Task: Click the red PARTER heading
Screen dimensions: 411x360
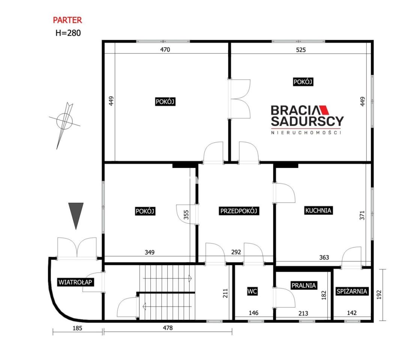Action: (x=67, y=20)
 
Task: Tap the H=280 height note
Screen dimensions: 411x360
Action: (x=68, y=33)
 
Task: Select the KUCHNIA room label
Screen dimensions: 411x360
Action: (x=318, y=210)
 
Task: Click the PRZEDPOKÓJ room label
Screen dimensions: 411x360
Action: (x=239, y=211)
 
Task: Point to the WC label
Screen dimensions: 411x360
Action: (x=252, y=291)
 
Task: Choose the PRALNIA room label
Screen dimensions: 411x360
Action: (x=304, y=285)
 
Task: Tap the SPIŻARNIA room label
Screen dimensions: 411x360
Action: (x=352, y=291)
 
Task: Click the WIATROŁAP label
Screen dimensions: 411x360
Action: (x=75, y=282)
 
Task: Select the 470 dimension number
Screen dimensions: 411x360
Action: (x=165, y=49)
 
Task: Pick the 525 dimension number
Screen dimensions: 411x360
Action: (x=301, y=50)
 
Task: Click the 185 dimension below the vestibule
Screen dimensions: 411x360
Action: (x=77, y=328)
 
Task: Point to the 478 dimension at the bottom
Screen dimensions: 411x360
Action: (x=168, y=328)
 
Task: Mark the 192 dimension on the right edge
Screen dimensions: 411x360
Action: (x=379, y=295)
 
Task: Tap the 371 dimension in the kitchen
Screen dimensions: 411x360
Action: (x=362, y=216)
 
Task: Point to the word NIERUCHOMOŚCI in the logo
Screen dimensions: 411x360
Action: (x=306, y=133)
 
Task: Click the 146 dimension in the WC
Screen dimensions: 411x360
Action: (x=253, y=313)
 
